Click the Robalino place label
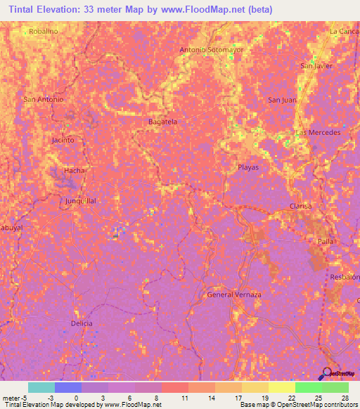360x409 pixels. (x=42, y=31)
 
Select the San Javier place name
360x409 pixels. (x=316, y=66)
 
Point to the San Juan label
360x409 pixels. (x=282, y=100)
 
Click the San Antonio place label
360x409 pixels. (x=44, y=99)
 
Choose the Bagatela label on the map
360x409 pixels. (x=162, y=122)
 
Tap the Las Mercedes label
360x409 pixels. (x=318, y=132)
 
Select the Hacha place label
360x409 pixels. (x=74, y=171)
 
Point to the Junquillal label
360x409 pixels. (x=80, y=200)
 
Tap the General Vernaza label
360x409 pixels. (x=234, y=294)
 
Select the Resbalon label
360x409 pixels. (x=345, y=278)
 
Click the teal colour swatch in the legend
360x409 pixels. (x=41, y=387)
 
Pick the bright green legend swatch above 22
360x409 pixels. (x=308, y=387)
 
